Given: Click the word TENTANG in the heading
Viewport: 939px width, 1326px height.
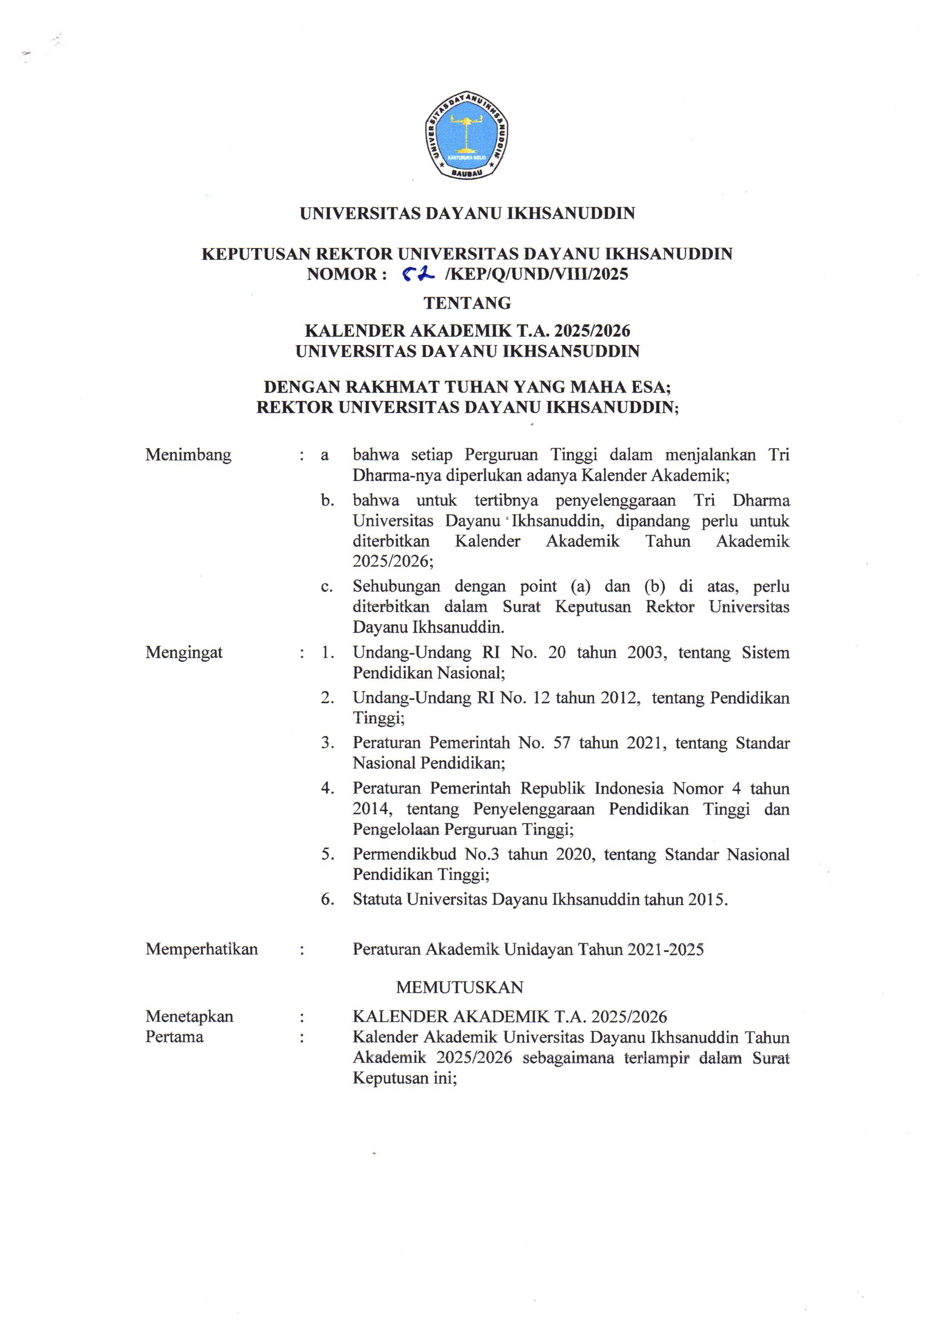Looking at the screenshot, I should click(467, 303).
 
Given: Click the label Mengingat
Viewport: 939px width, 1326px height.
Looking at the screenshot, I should click(184, 653).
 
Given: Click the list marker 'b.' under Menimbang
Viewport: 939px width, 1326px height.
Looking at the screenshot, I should click(328, 500).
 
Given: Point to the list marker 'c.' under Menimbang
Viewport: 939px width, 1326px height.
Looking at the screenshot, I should click(327, 587).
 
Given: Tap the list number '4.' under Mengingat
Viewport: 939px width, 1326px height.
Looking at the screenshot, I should click(328, 788).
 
